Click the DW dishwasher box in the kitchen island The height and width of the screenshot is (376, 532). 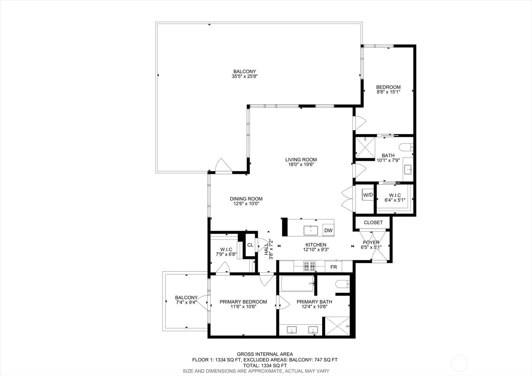(328, 230)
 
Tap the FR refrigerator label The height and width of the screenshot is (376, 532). (333, 267)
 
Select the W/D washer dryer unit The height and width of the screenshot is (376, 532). (368, 195)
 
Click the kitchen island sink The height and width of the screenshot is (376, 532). (311, 230)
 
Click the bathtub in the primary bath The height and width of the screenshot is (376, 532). (298, 283)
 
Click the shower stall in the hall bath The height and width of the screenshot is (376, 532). (365, 147)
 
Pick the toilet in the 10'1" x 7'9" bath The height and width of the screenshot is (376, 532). (406, 147)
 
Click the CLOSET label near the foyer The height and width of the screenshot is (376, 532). (373, 223)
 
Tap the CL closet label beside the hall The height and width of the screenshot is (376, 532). (250, 245)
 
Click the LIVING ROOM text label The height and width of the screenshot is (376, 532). (301, 160)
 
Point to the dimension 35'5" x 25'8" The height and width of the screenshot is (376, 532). (245, 76)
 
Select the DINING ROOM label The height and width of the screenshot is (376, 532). (246, 199)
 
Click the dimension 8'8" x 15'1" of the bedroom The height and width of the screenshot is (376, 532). (388, 92)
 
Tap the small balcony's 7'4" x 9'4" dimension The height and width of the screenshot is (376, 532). (186, 302)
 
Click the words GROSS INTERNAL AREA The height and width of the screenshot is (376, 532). (265, 354)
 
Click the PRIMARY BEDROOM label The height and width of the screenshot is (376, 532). (243, 302)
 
